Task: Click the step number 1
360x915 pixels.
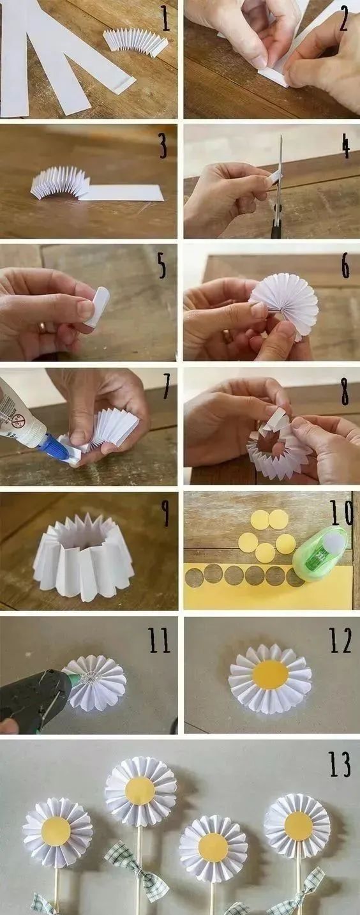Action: tap(165, 18)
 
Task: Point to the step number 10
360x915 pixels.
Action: tap(341, 512)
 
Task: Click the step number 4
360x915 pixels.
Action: tap(346, 145)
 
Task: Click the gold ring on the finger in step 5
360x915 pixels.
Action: tap(42, 327)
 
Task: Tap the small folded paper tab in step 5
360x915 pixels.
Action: tap(97, 306)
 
